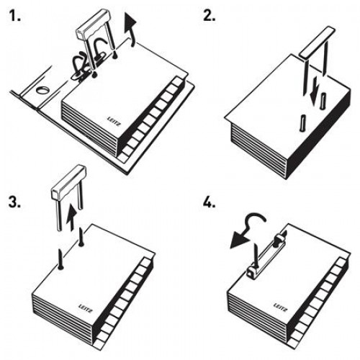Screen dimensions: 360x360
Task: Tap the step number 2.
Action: pos(210,15)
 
